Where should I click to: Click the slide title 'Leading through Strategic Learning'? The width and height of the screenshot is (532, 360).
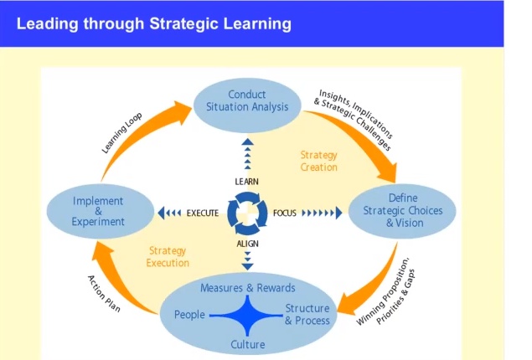[x=153, y=23]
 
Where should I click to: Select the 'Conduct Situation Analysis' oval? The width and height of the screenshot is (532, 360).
[x=247, y=100]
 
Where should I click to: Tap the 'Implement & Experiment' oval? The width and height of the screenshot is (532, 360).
[x=98, y=211]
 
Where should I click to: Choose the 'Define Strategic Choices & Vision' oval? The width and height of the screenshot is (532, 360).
[x=404, y=211]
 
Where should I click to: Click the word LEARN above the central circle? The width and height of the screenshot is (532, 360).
[x=246, y=182]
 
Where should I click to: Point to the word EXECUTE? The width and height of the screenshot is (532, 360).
[x=203, y=213]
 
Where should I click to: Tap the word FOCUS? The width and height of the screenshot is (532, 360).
[x=285, y=213]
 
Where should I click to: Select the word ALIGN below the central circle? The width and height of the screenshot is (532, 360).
[x=247, y=243]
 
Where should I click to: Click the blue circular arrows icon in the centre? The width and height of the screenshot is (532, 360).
[x=247, y=213]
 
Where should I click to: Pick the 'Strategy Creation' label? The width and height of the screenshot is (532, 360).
[x=318, y=161]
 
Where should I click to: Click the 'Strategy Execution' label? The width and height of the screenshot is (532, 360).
[x=168, y=256]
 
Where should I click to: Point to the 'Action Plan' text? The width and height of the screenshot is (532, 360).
[x=105, y=294]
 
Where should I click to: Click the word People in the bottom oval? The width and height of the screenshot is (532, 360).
[x=189, y=315]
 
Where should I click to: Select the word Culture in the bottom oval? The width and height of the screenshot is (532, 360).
[x=248, y=344]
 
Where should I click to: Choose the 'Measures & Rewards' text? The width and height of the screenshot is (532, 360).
[x=248, y=288]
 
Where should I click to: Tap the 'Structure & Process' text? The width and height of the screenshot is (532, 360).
[x=307, y=315]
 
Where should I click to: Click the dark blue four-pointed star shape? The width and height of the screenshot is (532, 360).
[x=248, y=316]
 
